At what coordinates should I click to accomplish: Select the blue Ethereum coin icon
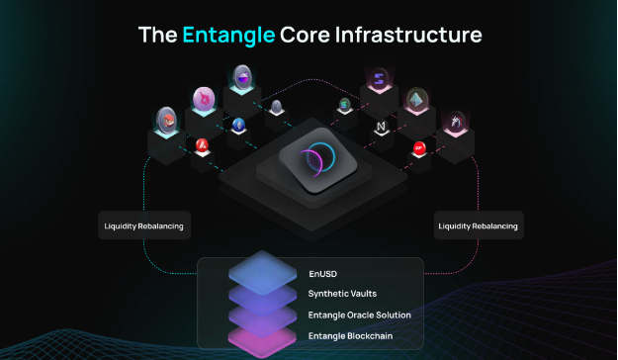[x=238, y=126]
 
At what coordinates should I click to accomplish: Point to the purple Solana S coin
[x=378, y=79]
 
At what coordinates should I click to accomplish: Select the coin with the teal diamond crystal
[x=416, y=99]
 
